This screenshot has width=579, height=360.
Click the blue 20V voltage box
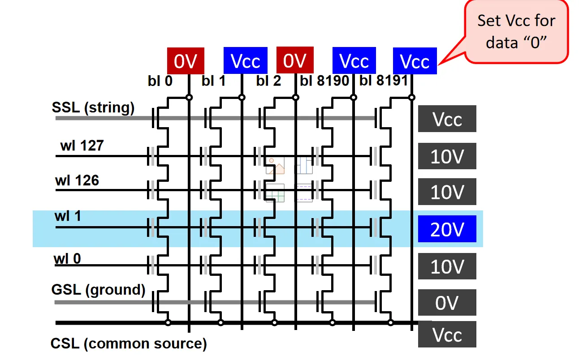tap(447, 229)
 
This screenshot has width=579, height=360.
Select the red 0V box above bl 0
tap(186, 61)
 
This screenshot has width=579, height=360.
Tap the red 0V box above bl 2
tap(295, 60)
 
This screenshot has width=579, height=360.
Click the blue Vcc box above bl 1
tap(245, 61)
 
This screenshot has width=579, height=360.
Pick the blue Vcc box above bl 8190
tap(354, 61)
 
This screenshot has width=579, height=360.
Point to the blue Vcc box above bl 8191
tap(415, 61)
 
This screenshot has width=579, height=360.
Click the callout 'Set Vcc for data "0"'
tap(516, 32)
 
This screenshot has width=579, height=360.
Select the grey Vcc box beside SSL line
tap(447, 119)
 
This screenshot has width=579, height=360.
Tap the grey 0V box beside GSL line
tap(447, 303)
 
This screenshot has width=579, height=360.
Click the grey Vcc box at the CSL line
tap(447, 334)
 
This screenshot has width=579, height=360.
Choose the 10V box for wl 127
tap(447, 156)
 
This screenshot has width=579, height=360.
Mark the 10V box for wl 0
tap(447, 266)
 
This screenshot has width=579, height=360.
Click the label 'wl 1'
tap(68, 216)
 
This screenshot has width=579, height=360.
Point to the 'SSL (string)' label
tap(93, 108)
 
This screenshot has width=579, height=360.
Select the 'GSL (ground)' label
tap(99, 290)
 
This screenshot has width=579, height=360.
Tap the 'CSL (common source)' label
tap(129, 344)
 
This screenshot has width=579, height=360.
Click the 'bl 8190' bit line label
tap(324, 81)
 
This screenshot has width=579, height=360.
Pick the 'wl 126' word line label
tap(77, 180)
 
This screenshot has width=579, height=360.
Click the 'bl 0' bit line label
tap(160, 81)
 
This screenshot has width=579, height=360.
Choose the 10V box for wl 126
tap(447, 192)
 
